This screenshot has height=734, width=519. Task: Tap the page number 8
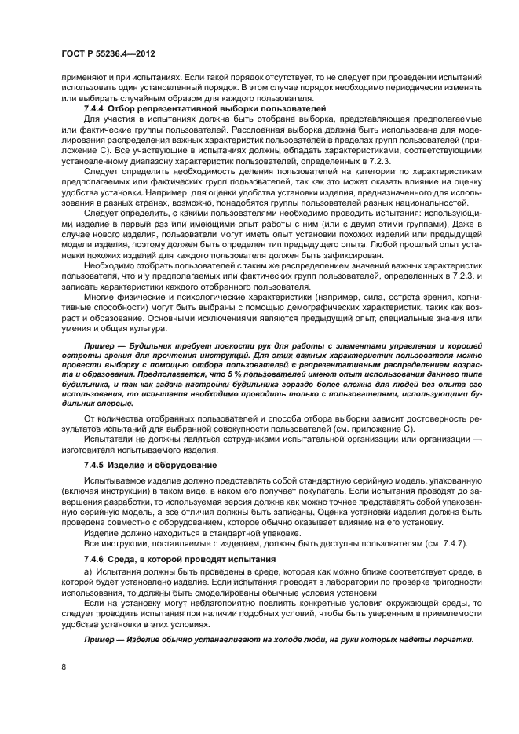coord(63,667)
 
